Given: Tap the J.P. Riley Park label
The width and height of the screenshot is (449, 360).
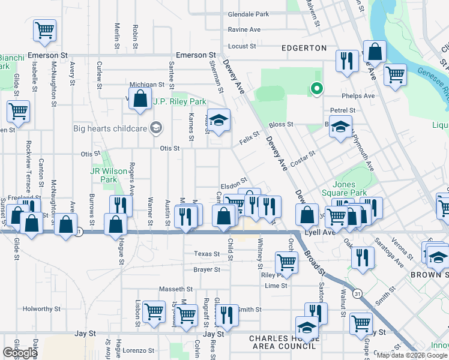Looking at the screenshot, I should (x=175, y=101).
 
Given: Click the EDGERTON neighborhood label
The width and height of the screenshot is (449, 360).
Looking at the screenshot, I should (x=303, y=48).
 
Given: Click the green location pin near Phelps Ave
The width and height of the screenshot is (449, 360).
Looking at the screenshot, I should (x=316, y=89).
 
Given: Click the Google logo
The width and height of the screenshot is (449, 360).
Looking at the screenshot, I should (x=20, y=353).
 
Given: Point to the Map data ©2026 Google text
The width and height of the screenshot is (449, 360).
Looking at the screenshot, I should (x=412, y=355).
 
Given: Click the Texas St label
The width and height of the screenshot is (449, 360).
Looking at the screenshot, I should (x=204, y=254).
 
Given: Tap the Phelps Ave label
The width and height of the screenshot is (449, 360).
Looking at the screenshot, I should (x=358, y=95).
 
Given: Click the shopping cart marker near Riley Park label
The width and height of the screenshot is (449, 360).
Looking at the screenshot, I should (x=286, y=262).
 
